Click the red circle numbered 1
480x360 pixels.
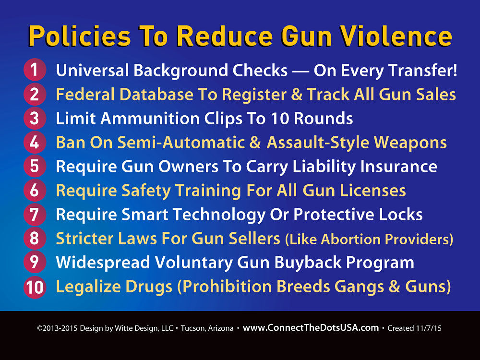point(35,70)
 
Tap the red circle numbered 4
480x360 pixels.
point(35,142)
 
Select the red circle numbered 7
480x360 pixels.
point(35,214)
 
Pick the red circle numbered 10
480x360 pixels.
point(35,287)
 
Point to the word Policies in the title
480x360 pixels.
point(80,36)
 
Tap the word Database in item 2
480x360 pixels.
point(156,94)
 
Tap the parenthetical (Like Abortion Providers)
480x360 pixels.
point(369,239)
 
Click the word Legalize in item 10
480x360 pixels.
point(88,287)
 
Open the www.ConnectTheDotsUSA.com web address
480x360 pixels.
point(311,328)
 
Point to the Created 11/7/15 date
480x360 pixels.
point(415,328)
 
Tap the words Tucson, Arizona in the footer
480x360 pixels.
point(207,328)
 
